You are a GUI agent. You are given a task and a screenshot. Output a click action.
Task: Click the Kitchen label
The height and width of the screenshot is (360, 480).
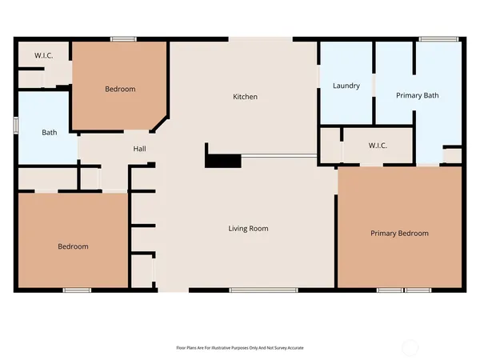click(x=245, y=97)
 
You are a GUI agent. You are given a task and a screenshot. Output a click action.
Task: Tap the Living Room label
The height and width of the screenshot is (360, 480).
click(x=248, y=228)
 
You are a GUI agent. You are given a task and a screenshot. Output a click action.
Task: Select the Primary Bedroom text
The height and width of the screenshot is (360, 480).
click(x=399, y=234)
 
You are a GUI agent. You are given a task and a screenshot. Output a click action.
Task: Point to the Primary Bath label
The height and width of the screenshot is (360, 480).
click(x=418, y=96)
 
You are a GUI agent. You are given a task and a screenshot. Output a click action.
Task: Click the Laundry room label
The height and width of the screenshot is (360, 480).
click(x=346, y=86)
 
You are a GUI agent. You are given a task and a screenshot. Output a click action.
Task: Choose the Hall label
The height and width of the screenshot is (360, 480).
click(x=138, y=149)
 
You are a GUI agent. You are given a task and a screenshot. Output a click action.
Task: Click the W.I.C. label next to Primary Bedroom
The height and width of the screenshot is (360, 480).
click(x=378, y=146)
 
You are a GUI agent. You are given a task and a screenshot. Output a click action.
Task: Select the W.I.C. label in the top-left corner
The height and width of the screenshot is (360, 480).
click(x=43, y=56)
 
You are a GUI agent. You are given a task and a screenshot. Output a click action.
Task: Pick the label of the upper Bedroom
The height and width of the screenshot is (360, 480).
click(x=120, y=89)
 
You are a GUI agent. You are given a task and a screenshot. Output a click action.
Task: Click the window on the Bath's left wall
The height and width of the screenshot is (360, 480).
click(x=16, y=126)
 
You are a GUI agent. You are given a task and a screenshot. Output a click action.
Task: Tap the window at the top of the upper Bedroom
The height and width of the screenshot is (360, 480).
click(x=122, y=39)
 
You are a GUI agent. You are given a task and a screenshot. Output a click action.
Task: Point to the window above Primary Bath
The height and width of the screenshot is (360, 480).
click(x=433, y=39)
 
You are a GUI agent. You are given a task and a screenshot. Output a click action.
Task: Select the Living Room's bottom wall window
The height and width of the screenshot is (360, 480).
click(x=254, y=288)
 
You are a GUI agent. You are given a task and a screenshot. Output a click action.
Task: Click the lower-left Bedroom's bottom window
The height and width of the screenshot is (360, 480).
click(x=77, y=288)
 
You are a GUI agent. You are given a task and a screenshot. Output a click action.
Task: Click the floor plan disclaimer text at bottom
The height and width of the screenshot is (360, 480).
click(x=240, y=348)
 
